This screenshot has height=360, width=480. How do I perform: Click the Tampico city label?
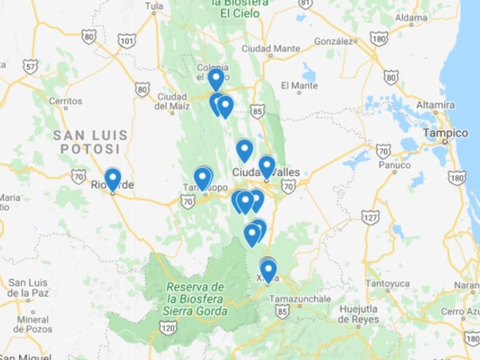[445, 133]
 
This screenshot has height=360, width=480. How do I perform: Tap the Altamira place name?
[435, 105]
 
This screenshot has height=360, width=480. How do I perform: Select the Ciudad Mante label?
[271, 48]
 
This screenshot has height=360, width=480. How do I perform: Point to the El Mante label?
[299, 85]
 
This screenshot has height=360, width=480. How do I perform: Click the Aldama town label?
[411, 18]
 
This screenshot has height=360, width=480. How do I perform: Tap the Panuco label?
[394, 165]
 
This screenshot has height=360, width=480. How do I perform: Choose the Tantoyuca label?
[388, 283]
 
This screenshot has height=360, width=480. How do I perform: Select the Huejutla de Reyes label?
[358, 314]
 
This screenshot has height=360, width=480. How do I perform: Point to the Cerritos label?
[65, 101]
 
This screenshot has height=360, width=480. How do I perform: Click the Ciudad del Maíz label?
[172, 101]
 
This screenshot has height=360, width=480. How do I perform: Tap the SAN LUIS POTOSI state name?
[90, 142]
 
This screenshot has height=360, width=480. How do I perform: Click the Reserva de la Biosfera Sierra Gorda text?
[195, 299]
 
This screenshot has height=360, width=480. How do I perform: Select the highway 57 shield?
[31, 67]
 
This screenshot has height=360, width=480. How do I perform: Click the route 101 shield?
[127, 41]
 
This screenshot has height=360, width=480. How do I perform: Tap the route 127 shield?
[370, 217]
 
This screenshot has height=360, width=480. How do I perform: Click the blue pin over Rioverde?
[112, 179]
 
